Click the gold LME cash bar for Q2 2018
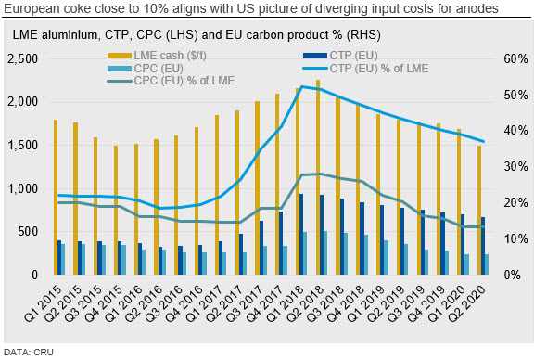318,177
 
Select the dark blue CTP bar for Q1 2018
301,234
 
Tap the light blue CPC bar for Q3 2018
346,253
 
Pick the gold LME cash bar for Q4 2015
116,210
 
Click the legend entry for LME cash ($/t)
157,56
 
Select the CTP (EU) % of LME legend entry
365,68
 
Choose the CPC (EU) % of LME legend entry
171,81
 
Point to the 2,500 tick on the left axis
22,58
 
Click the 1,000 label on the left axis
22,188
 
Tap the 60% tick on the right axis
515,58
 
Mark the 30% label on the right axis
515,166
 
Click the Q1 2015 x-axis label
44,303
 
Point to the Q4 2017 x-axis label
265,303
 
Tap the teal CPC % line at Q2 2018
319,174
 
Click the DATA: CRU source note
29,353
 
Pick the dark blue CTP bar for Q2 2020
483,246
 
